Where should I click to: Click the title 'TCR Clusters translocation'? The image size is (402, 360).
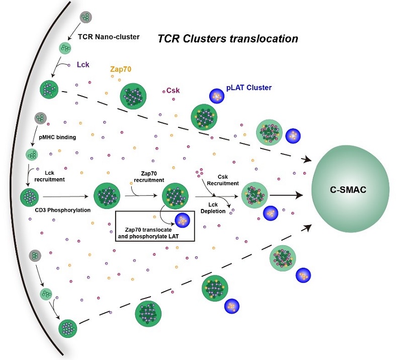coord(228,38)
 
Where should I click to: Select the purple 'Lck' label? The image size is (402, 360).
coord(84,65)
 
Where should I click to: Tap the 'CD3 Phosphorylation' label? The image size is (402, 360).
coord(59,210)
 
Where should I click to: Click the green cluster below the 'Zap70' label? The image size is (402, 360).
coord(134,96)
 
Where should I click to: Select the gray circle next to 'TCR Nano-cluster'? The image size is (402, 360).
coord(85,19)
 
